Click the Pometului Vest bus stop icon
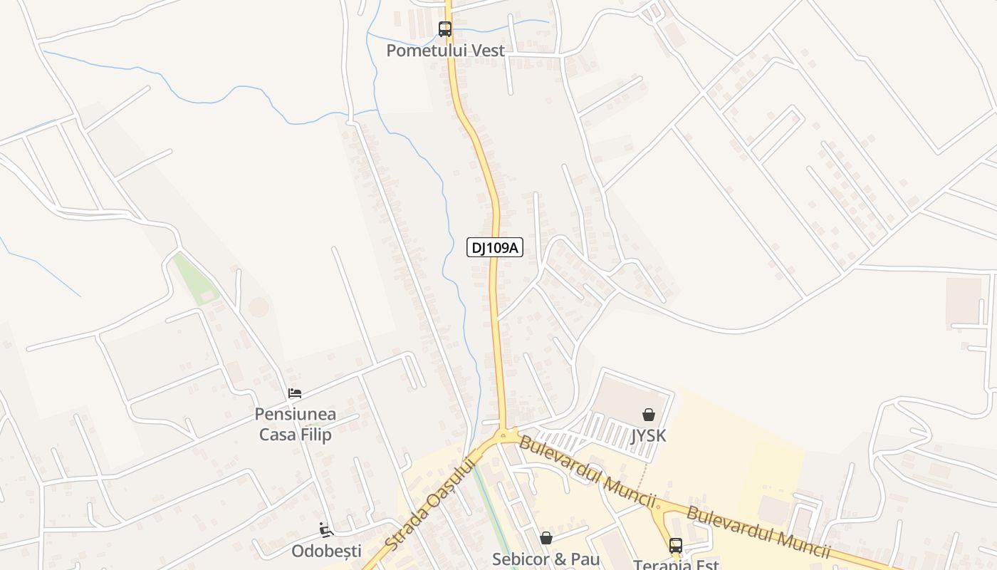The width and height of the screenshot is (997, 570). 445,29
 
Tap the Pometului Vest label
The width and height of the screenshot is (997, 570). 445,51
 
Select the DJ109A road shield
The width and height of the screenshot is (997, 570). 495,247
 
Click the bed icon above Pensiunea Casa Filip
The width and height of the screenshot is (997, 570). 295,393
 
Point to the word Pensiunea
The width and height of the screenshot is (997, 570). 296,415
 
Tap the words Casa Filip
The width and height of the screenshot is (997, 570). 296,434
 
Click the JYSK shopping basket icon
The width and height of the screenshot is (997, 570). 649,414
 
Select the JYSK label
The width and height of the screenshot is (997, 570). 649,435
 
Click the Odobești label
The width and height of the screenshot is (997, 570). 326,551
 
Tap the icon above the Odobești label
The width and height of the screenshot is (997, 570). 326,529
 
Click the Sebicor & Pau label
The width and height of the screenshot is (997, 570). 546,559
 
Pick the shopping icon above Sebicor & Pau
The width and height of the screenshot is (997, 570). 546,537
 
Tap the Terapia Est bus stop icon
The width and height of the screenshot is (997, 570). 675,546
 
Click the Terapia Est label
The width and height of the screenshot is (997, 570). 676,564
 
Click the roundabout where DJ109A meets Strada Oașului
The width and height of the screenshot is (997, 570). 503,434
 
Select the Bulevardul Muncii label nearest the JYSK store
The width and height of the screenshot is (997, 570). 587,472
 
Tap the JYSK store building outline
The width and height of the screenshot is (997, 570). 627,396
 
